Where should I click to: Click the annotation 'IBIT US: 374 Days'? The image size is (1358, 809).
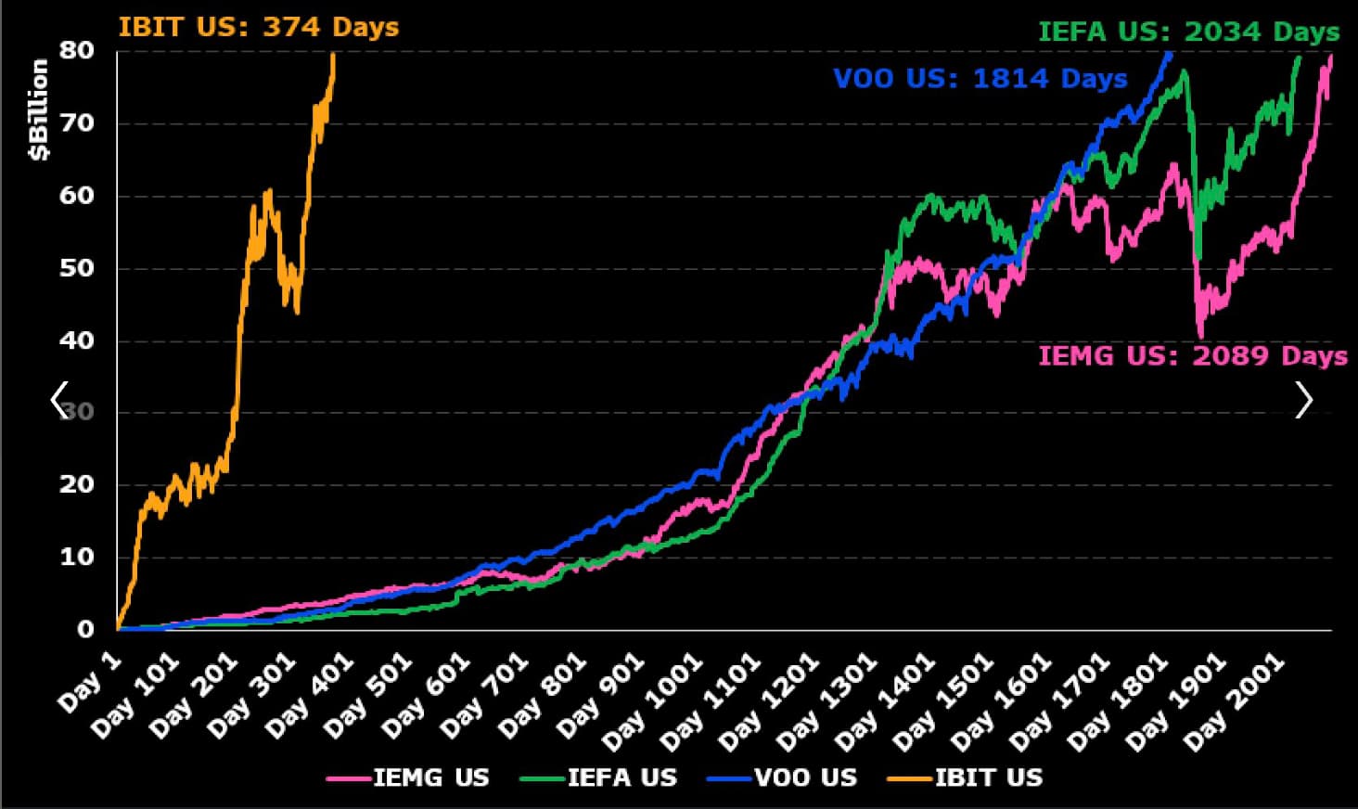pos(258,27)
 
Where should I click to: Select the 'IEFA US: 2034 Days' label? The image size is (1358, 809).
pos(1188,32)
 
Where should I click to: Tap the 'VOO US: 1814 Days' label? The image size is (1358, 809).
pos(980,78)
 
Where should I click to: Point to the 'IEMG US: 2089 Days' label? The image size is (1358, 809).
pos(1192,355)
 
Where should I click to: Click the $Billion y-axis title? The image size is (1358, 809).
pos(39,109)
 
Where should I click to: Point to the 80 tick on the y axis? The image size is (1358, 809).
pos(77,50)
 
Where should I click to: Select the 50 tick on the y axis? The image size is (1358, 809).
pos(77,268)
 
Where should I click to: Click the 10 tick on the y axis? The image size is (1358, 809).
pos(77,557)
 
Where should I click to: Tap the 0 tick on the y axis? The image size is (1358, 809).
pos(85,629)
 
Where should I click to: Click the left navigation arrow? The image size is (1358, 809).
pos(59,400)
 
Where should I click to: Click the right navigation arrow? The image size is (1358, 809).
pos(1303,400)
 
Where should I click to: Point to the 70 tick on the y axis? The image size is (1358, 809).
pos(77,122)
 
